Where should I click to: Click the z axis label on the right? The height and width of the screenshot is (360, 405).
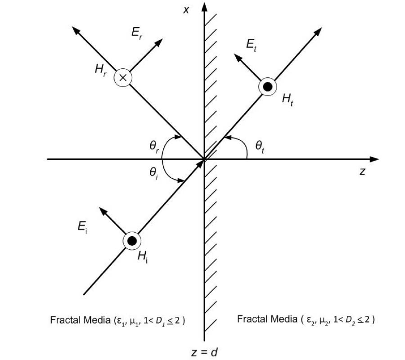pyautogui.click(x=362, y=171)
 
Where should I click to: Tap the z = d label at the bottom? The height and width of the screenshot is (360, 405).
pyautogui.click(x=204, y=351)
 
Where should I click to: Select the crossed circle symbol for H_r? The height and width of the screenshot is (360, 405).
pyautogui.click(x=122, y=78)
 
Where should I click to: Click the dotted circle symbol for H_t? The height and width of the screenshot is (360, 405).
pyautogui.click(x=267, y=87)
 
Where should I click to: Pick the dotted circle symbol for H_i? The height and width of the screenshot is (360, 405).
pyautogui.click(x=132, y=241)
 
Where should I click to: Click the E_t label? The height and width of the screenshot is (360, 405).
pyautogui.click(x=252, y=44)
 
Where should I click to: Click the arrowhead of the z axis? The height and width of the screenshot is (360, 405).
pyautogui.click(x=375, y=159)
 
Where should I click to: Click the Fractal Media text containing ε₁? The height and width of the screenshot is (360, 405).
pyautogui.click(x=118, y=320)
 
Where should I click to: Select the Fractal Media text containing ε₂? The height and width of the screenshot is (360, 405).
pyautogui.click(x=306, y=320)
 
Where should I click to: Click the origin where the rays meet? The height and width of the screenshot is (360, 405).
pyautogui.click(x=204, y=159)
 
